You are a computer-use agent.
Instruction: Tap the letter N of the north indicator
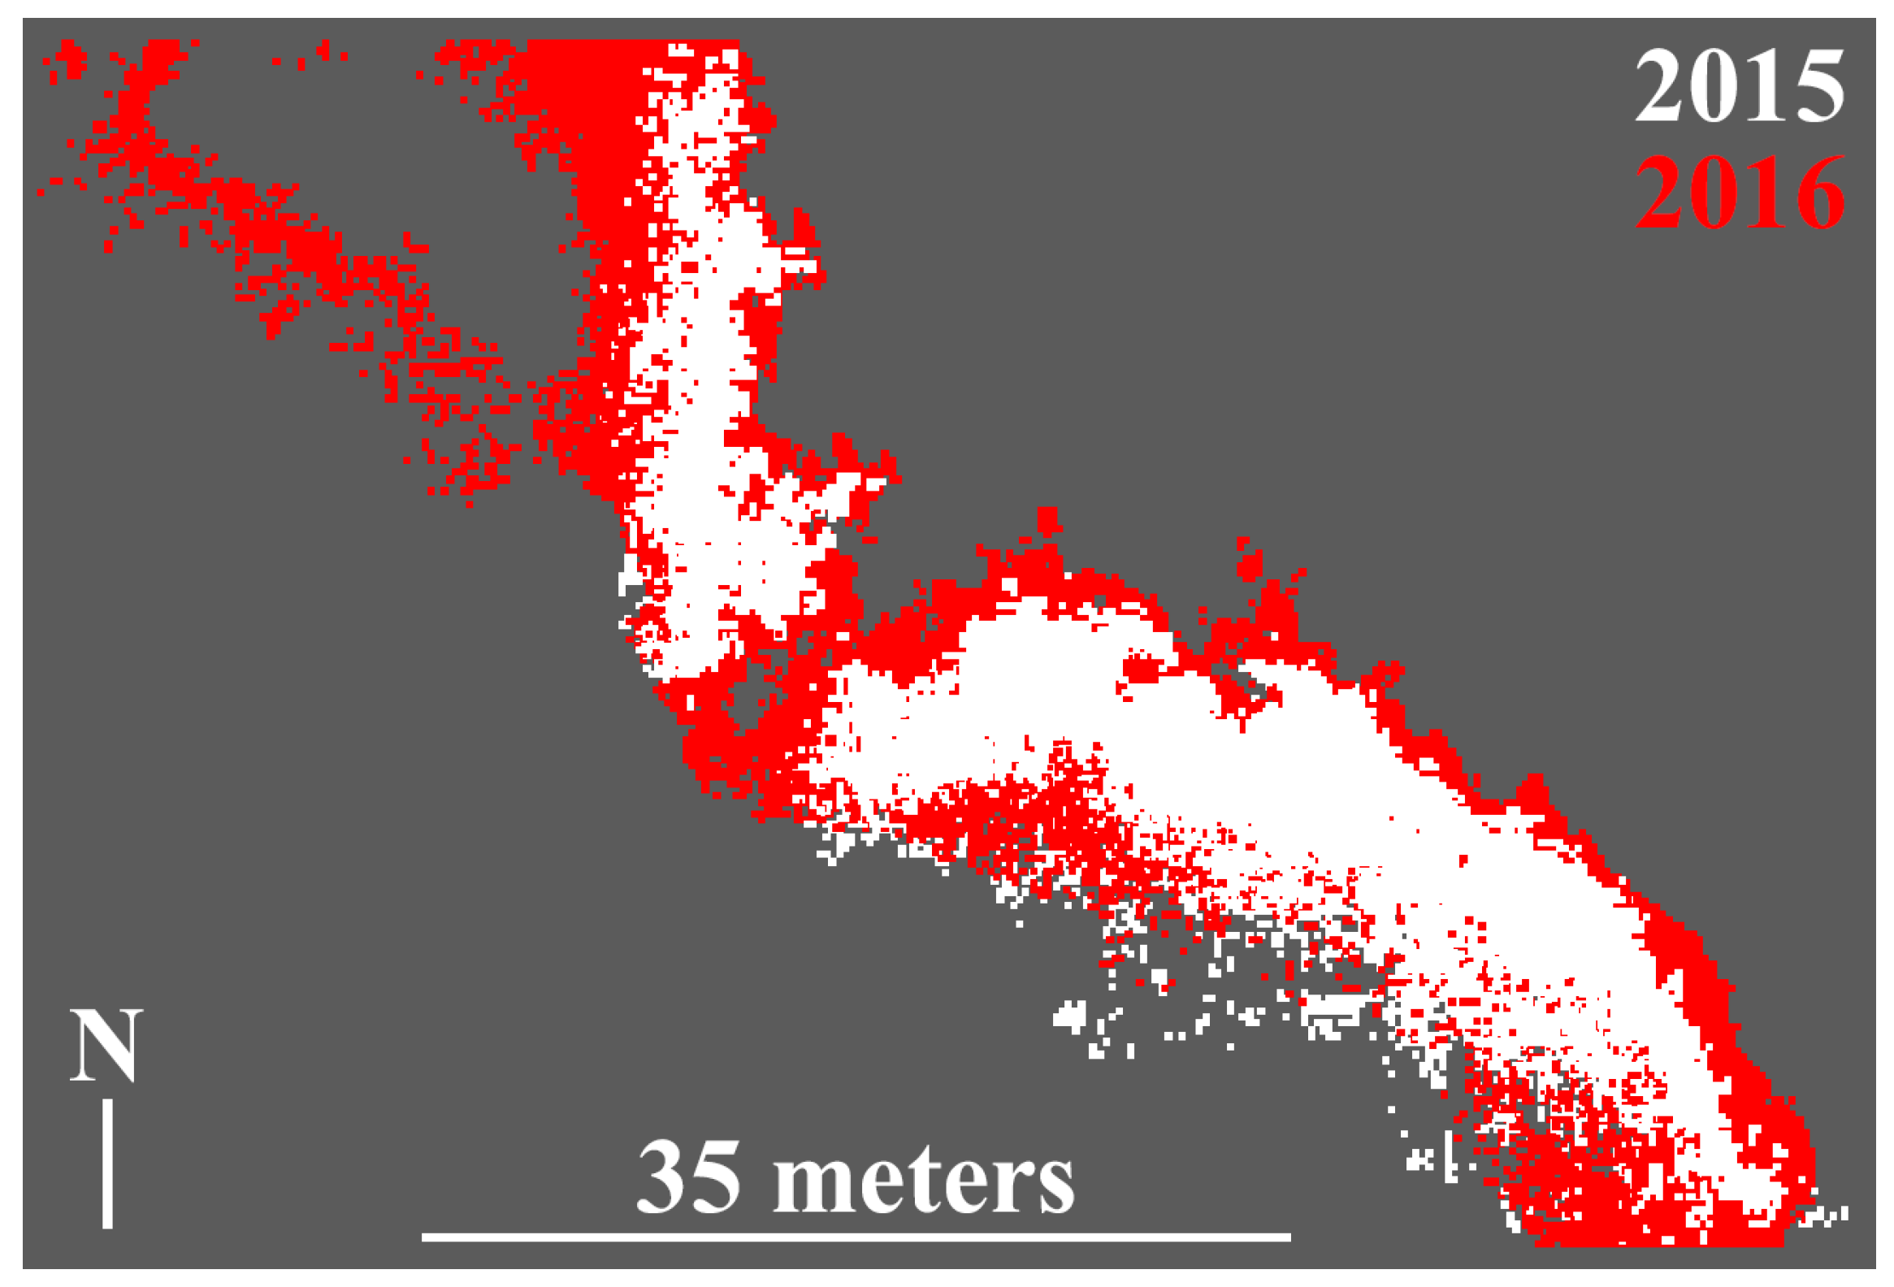106,1046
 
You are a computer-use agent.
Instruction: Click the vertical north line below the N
107,1164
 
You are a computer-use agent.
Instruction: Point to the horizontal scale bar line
856,1237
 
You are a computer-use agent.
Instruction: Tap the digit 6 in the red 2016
1818,193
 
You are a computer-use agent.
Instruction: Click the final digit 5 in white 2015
1818,85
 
